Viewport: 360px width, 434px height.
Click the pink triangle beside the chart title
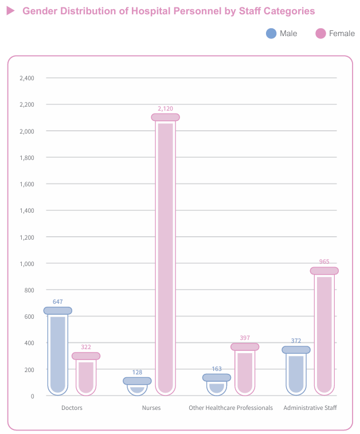10,11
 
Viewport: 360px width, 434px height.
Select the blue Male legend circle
271,33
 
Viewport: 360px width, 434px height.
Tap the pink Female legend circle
320,33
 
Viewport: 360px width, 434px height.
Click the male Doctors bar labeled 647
58,351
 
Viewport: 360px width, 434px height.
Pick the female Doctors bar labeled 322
86,374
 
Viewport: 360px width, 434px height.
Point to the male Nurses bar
137,386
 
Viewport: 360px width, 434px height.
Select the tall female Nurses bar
166,255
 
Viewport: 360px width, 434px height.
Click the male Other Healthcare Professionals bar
217,385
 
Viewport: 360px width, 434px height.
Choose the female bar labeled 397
245,369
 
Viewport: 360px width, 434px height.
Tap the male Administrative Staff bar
296,370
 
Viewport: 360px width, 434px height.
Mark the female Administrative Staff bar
324,331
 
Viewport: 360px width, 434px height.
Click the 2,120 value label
166,108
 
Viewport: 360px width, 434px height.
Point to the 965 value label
324,261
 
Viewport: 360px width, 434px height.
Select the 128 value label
137,372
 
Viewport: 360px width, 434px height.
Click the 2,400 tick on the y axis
27,79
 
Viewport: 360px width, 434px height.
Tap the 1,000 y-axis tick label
27,264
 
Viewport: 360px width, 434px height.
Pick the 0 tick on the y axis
32,396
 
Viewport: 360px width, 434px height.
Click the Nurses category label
151,408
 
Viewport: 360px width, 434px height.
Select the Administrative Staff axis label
310,408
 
